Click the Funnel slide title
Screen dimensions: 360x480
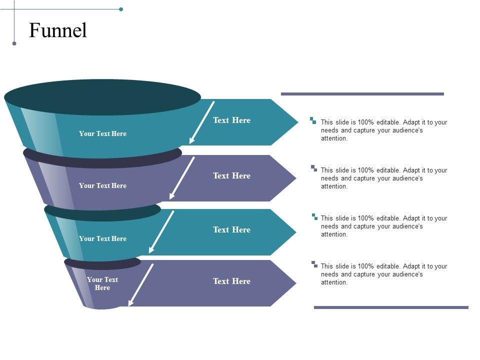58,31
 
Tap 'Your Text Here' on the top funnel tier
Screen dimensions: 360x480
102,133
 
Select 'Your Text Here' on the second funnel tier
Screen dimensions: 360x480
102,185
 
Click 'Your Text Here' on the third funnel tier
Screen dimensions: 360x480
102,238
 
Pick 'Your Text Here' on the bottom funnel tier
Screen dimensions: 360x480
102,283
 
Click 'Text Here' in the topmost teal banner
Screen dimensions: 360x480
231,120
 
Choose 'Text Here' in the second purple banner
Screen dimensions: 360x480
231,175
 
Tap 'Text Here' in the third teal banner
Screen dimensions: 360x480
231,229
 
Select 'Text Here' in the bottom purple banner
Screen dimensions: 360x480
231,281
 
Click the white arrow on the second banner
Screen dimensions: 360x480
182,178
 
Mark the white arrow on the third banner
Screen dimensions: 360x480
161,232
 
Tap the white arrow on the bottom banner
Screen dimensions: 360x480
141,284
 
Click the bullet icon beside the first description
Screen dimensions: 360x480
313,120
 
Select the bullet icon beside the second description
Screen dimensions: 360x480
313,168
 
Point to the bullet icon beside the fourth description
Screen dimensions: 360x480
313,263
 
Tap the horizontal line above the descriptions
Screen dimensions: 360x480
362,94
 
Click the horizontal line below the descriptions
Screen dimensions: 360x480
391,307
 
